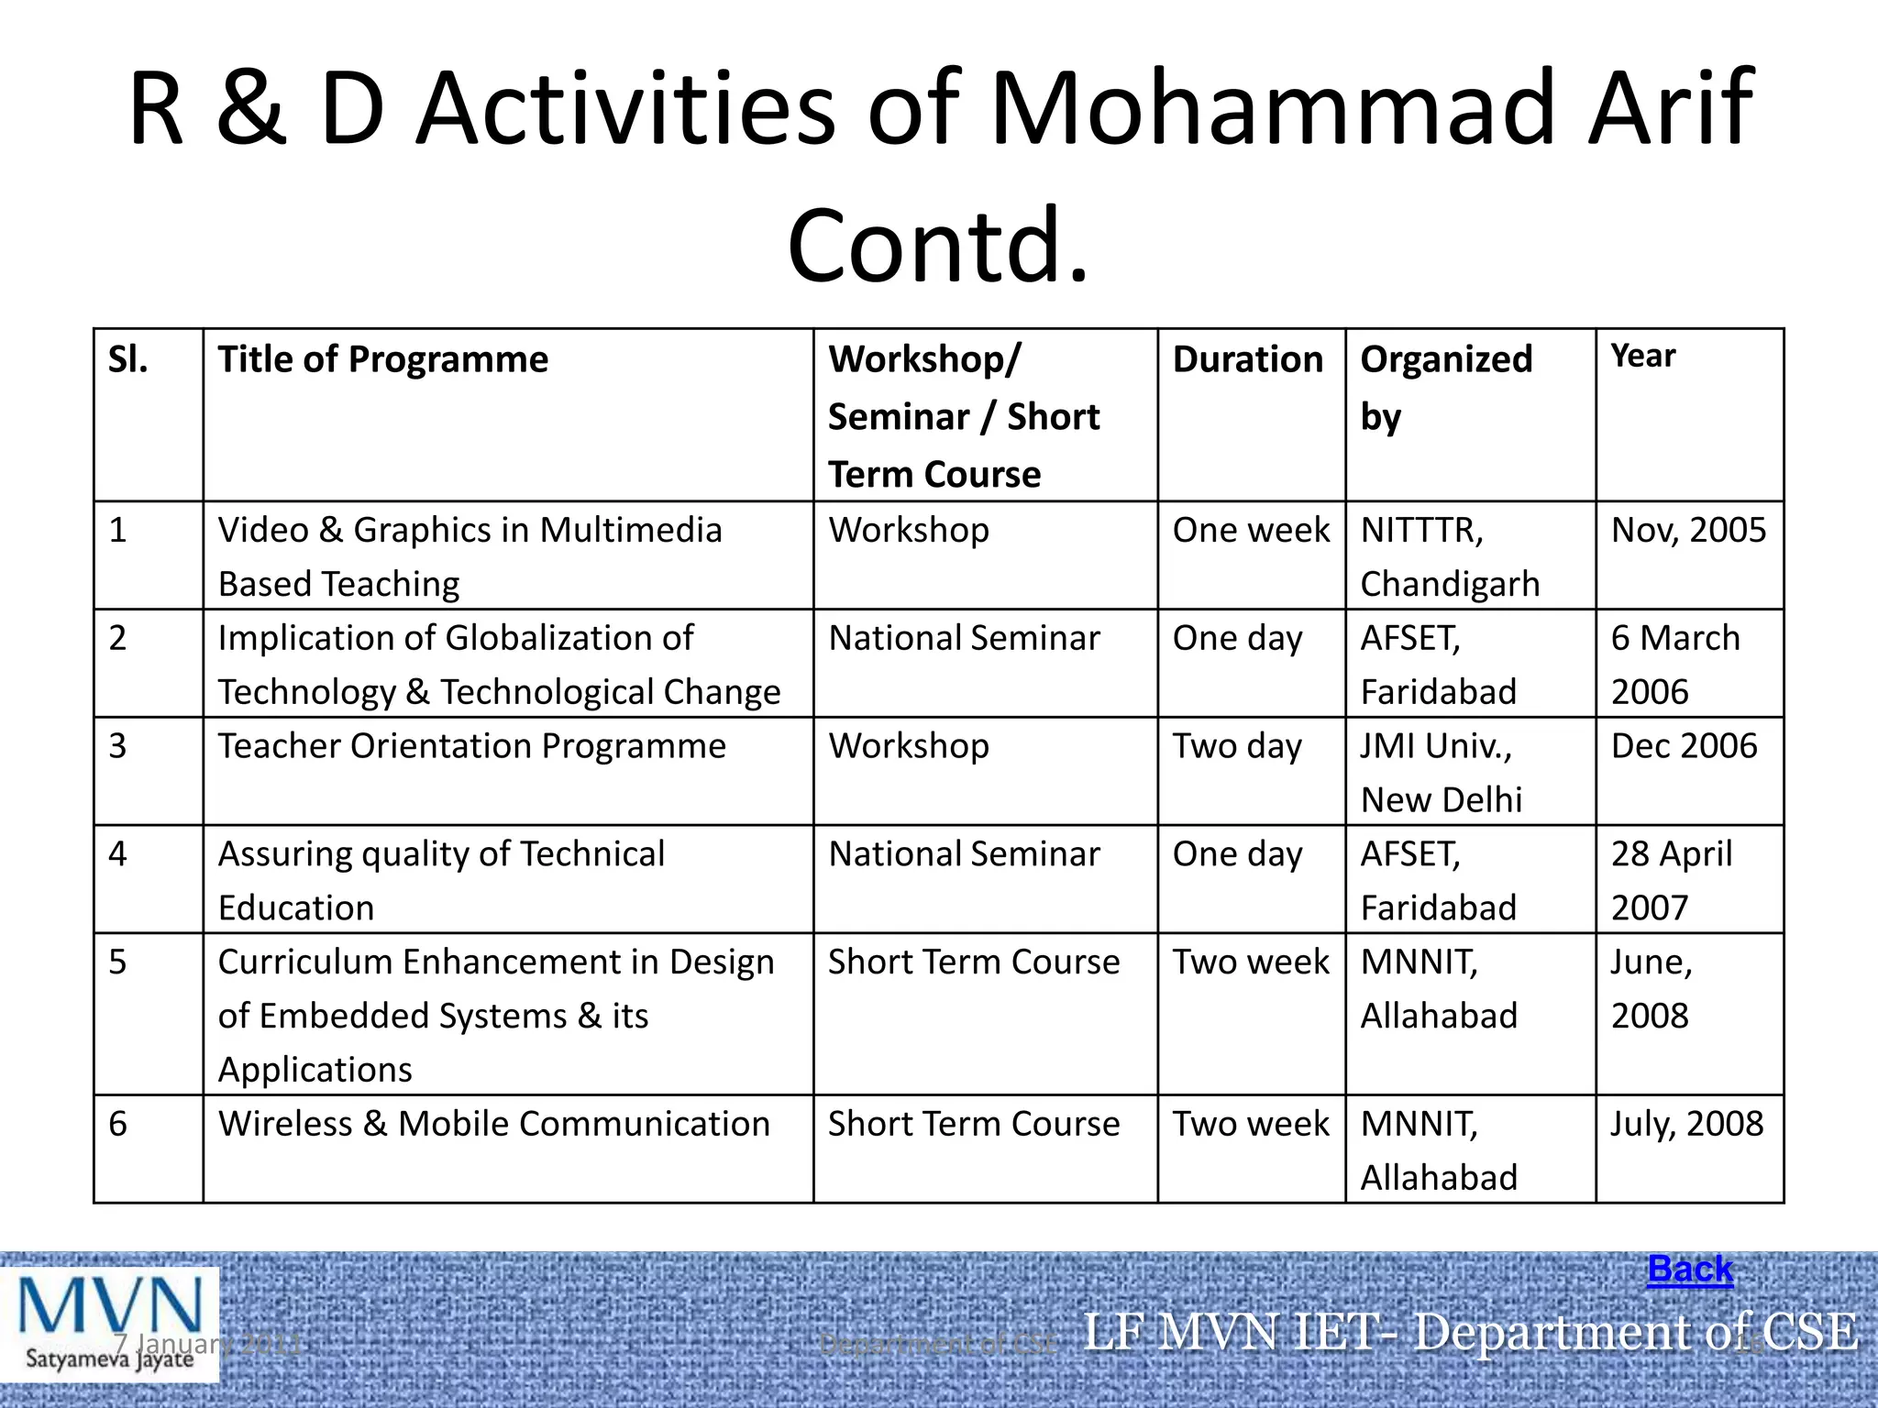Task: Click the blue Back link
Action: click(1689, 1270)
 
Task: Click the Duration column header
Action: click(1248, 359)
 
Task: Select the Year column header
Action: click(1643, 356)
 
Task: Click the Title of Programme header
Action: click(382, 359)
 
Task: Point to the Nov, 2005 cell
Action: click(1688, 530)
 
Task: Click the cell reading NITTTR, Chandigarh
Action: click(1449, 556)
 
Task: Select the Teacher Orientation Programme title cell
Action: click(471, 746)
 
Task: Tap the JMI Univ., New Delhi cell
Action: click(1441, 773)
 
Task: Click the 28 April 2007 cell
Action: click(1671, 880)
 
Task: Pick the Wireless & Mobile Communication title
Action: click(493, 1124)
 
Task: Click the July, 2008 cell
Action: click(1686, 1124)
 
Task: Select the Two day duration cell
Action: click(1237, 746)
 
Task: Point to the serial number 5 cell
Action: click(117, 962)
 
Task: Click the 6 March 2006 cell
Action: click(1674, 665)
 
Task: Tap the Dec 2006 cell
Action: click(1684, 746)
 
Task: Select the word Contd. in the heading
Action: click(937, 246)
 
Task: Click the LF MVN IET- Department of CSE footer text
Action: click(1470, 1331)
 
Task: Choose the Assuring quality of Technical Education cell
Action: click(441, 880)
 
